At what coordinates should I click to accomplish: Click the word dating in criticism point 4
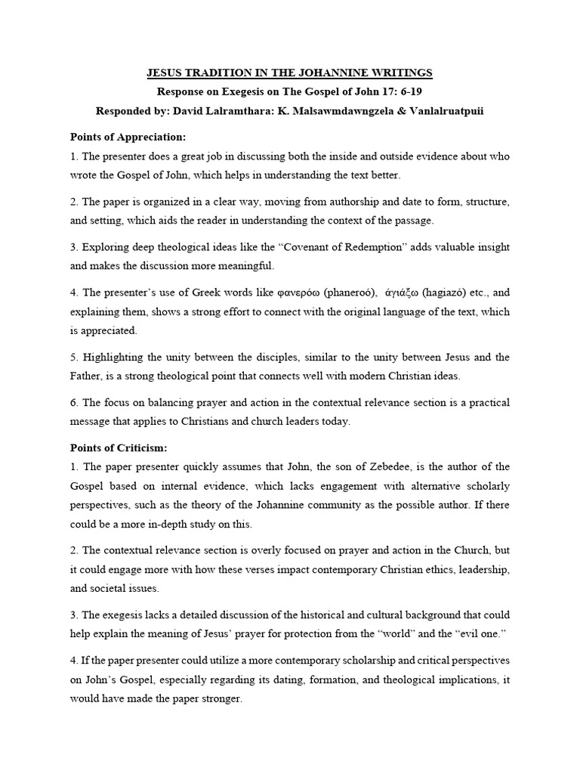click(273, 680)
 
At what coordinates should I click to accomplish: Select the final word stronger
click(218, 699)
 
